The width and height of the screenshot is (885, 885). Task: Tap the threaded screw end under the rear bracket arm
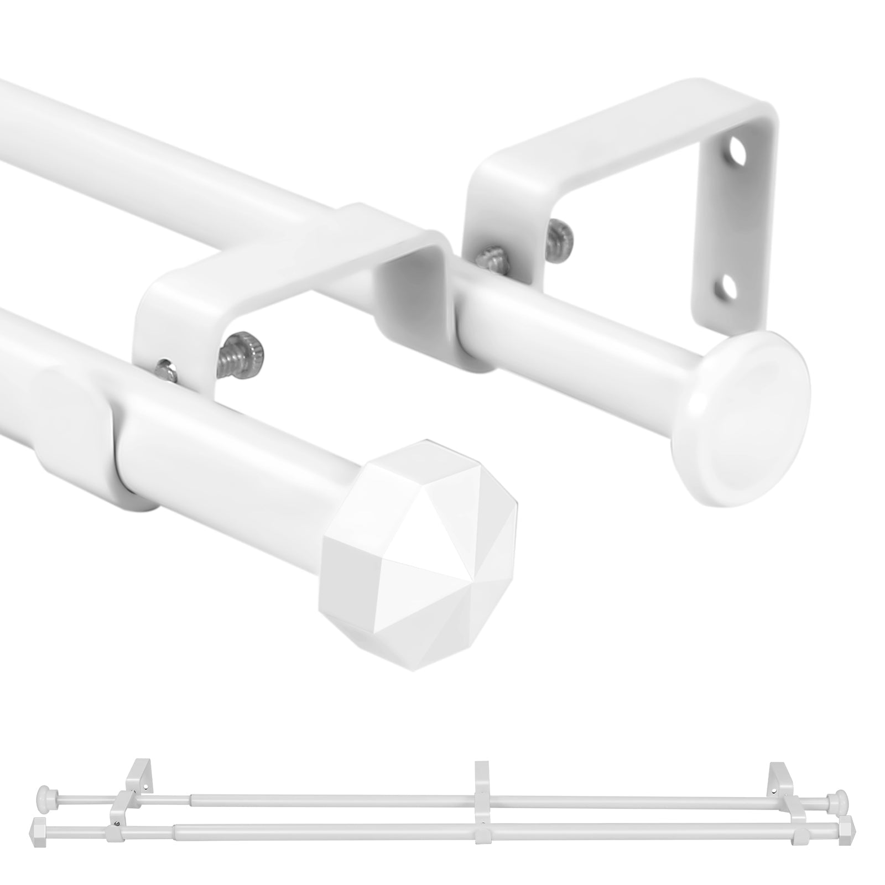coord(562,235)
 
